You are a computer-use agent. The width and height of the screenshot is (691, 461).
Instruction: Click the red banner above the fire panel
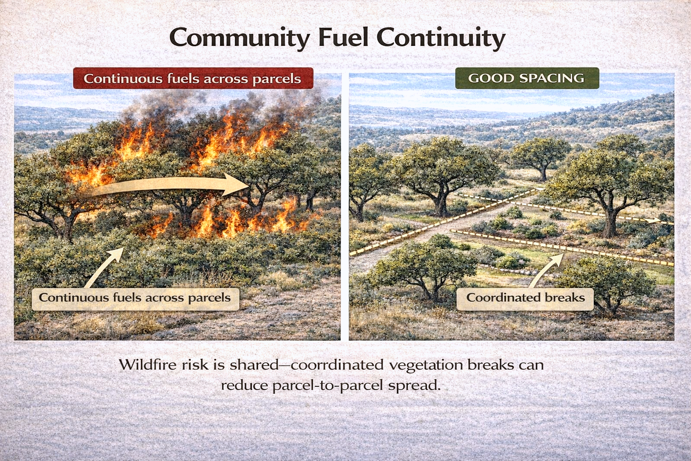[193, 78]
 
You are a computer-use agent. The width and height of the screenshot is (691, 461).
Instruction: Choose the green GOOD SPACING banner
[527, 78]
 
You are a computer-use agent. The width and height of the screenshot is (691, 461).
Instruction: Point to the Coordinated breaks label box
[525, 298]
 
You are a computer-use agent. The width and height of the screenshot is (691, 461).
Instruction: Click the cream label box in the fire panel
[135, 298]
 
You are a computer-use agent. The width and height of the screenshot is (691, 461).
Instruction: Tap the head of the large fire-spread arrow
[236, 185]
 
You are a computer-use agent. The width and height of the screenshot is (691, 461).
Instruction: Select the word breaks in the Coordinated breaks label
[565, 298]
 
